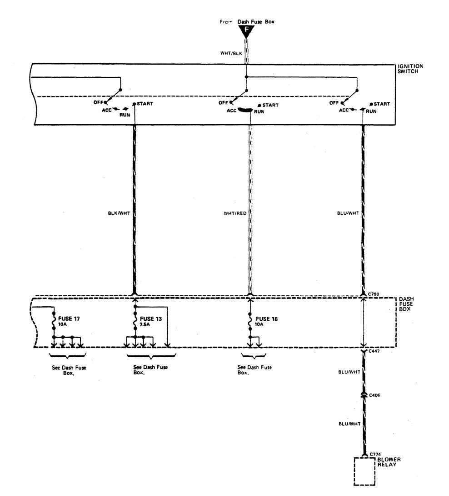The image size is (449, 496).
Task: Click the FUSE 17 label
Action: point(69,319)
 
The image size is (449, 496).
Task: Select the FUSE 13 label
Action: point(151,319)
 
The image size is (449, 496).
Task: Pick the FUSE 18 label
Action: point(268,319)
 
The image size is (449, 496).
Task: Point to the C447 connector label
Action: point(375,351)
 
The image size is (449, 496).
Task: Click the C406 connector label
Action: point(375,395)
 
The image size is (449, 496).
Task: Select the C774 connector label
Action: point(375,454)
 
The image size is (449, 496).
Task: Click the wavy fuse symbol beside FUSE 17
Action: point(54,321)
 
